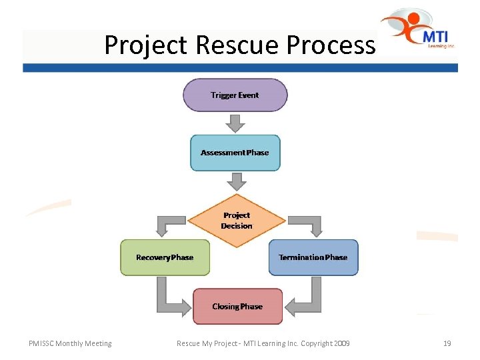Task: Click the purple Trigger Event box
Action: click(x=235, y=95)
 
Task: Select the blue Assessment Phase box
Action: click(x=235, y=153)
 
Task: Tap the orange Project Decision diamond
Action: click(x=237, y=220)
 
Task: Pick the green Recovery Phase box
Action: click(x=165, y=257)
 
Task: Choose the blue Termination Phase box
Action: click(x=313, y=257)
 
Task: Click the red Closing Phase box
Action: click(x=237, y=307)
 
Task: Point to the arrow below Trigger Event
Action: click(x=235, y=123)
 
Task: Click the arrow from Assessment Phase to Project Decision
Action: click(x=236, y=181)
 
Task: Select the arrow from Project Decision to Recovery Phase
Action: click(x=165, y=225)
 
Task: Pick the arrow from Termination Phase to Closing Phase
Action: click(x=307, y=299)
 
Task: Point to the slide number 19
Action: click(x=447, y=343)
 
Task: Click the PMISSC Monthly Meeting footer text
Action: click(x=70, y=343)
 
